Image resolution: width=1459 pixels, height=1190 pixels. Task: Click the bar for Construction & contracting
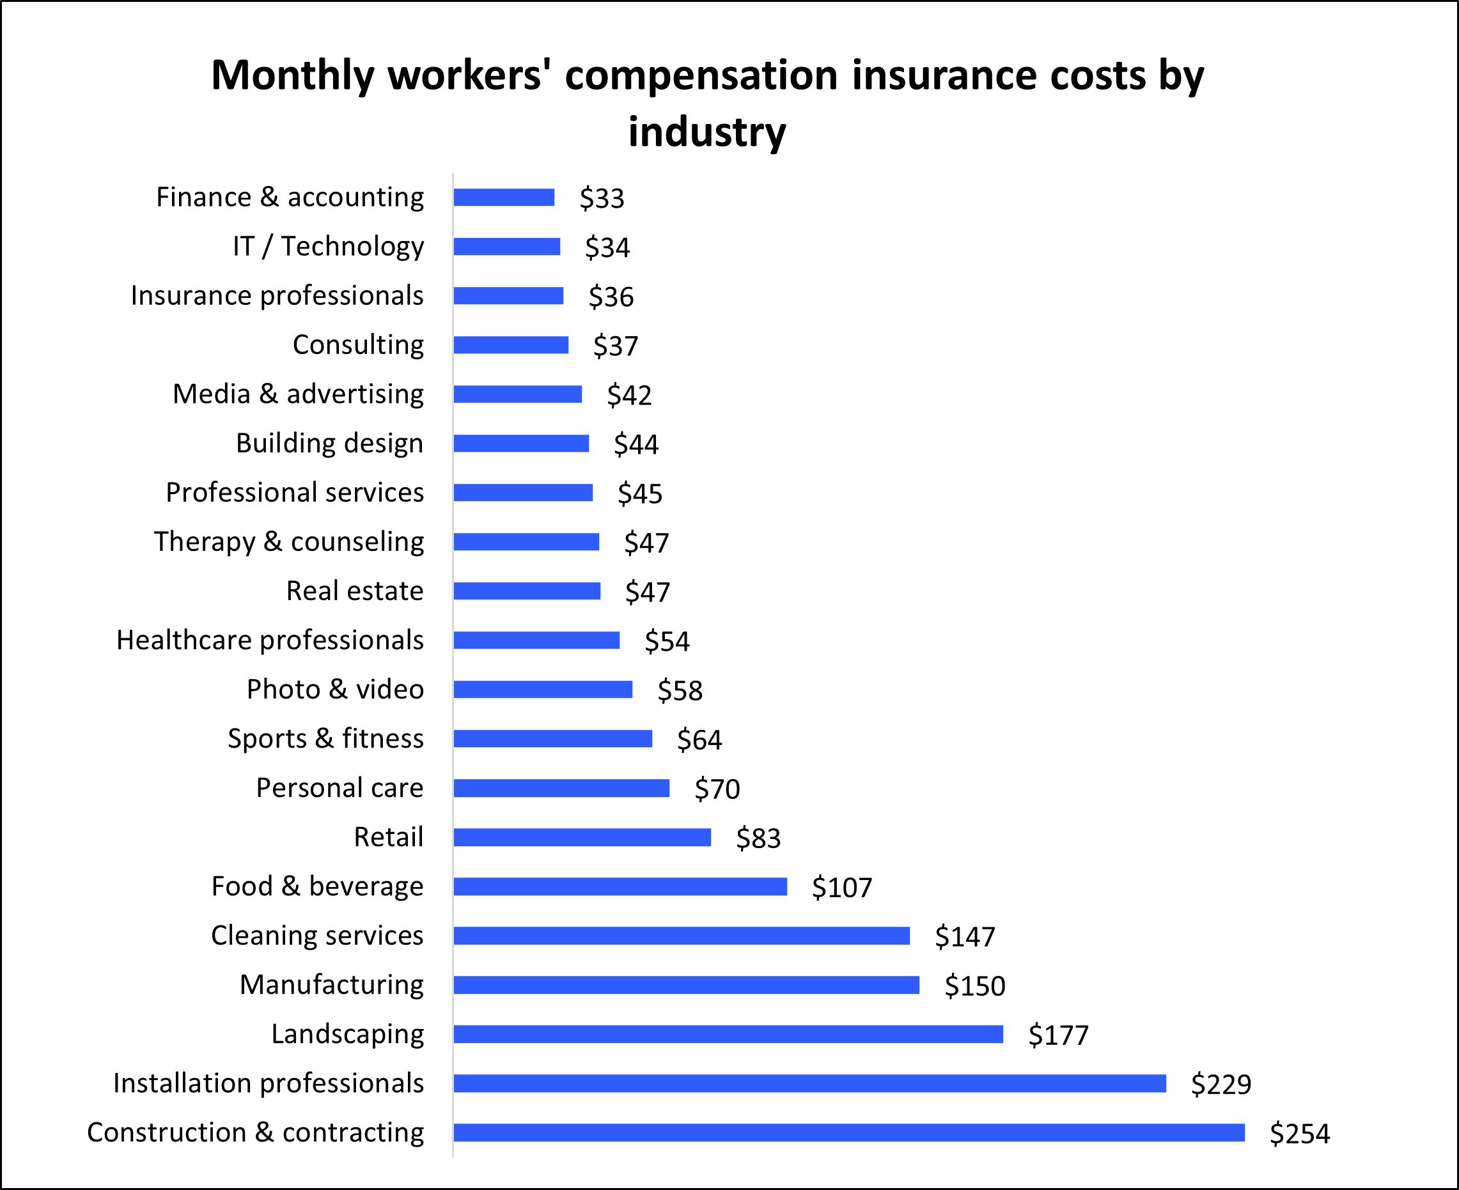(849, 1132)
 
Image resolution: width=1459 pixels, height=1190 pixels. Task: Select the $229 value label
(1221, 1085)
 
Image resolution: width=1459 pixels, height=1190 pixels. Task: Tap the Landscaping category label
(347, 1033)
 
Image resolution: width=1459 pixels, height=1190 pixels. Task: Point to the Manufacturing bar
(685, 985)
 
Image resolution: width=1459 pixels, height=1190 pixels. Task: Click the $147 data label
(965, 936)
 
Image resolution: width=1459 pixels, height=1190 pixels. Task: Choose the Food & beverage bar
(620, 886)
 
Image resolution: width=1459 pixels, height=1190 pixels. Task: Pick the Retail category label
(388, 837)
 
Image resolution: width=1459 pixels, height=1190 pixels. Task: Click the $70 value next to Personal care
(717, 789)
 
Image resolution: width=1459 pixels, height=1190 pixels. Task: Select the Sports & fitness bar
(552, 738)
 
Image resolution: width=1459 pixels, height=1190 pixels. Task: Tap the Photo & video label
(335, 689)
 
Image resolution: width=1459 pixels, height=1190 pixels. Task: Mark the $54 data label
(667, 641)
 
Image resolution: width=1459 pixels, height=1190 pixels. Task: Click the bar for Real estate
(527, 591)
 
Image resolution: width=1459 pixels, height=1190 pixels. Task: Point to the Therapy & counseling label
(288, 541)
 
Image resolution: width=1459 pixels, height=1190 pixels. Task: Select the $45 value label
(640, 493)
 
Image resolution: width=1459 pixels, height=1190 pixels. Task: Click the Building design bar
(521, 444)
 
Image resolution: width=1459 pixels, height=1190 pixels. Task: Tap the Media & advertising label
(298, 394)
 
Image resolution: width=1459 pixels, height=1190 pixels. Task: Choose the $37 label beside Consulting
(616, 346)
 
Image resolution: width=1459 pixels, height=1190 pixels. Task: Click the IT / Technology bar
(506, 247)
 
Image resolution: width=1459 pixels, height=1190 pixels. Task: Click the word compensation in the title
(701, 75)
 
